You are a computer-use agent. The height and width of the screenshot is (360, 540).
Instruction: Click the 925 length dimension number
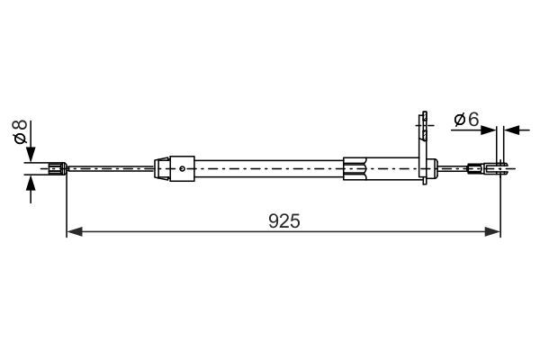(283, 220)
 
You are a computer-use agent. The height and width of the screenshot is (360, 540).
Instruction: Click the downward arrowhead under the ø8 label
(32, 153)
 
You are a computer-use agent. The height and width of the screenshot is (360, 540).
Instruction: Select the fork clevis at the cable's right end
(499, 166)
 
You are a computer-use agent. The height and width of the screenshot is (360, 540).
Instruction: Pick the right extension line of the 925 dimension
(500, 202)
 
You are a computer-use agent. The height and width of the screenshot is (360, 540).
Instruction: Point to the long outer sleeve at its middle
(270, 167)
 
